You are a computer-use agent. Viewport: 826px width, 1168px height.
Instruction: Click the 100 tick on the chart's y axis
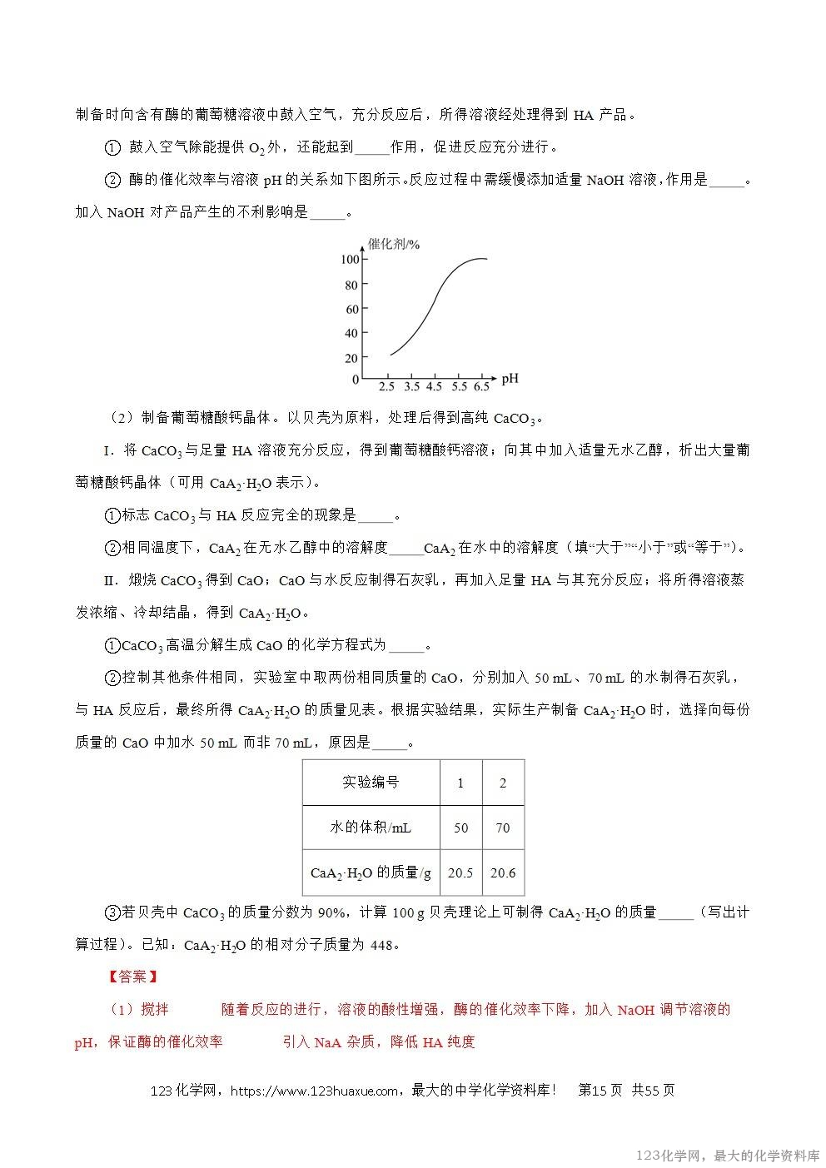tap(350, 260)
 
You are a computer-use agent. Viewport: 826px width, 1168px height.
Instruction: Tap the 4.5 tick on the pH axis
tap(435, 387)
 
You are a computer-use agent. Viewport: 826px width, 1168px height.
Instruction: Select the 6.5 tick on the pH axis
tap(482, 387)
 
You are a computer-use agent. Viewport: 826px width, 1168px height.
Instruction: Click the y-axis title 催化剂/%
tap(394, 244)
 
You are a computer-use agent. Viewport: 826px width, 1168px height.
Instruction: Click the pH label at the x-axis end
tap(510, 379)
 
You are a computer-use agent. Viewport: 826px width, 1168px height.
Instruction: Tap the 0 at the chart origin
tap(356, 380)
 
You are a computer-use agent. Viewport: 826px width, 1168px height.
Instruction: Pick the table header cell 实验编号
tap(371, 783)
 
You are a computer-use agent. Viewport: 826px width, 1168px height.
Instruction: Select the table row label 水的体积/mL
tap(371, 828)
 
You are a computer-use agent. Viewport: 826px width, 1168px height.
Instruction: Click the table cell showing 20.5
tap(460, 872)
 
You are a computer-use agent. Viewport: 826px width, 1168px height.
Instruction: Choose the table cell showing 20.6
tap(503, 872)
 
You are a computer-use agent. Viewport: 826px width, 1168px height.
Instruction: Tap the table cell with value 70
tap(503, 828)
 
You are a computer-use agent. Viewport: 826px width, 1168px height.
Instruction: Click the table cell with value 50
tap(460, 828)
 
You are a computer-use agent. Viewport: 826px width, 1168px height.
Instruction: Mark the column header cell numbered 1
tap(460, 783)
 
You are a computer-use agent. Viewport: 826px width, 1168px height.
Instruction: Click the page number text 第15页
tap(600, 1091)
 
